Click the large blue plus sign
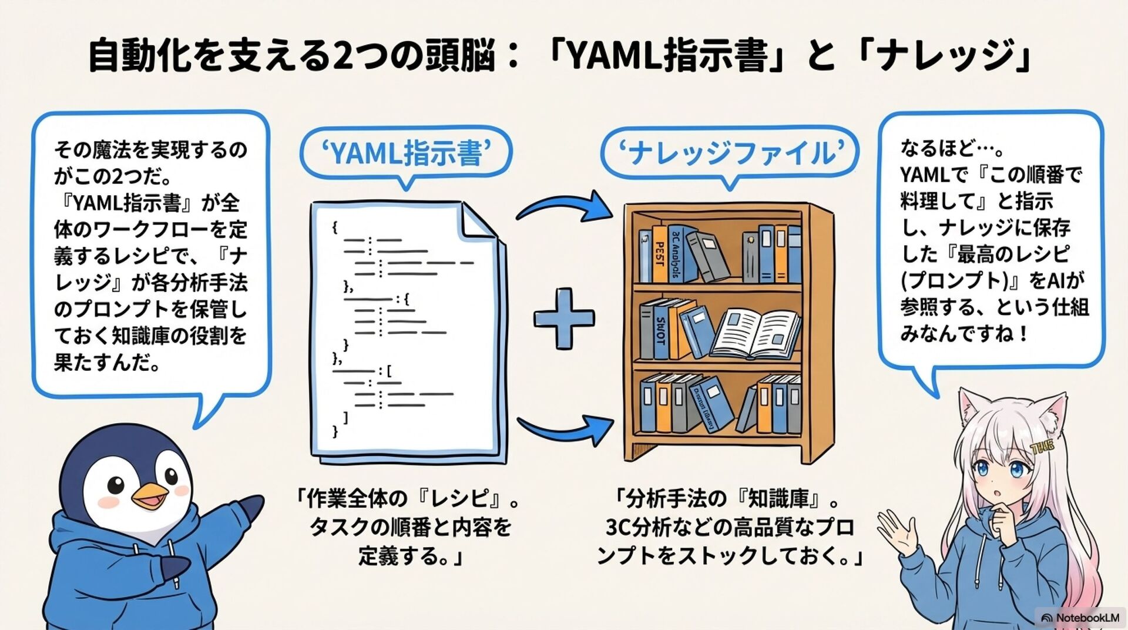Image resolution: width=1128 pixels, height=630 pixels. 563,318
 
